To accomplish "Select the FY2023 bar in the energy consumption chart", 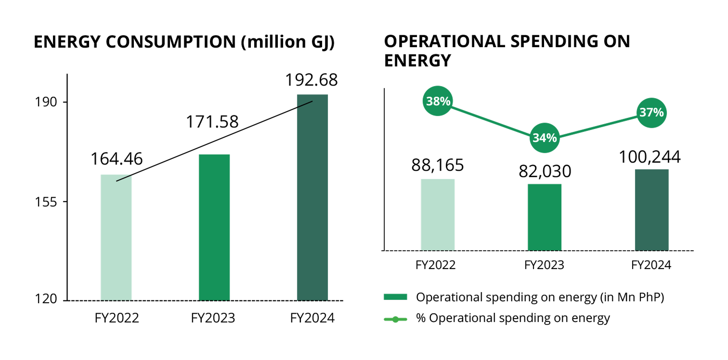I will click(214, 227).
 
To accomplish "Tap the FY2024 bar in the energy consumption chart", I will click(312, 197).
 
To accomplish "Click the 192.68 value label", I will click(311, 80).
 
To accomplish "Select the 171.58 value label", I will click(212, 121).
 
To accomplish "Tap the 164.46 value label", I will click(117, 159).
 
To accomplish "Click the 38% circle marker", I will click(438, 101).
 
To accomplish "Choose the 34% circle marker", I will click(545, 138).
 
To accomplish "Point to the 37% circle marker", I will click(651, 113).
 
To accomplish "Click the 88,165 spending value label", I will click(438, 165).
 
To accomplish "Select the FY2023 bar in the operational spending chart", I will click(545, 217).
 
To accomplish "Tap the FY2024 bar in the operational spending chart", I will click(652, 210).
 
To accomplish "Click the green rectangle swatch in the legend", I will click(395, 297).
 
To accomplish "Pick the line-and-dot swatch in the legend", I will click(395, 318).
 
